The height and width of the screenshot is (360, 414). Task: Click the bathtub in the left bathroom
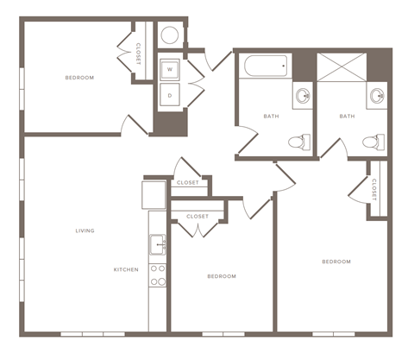[x=266, y=67]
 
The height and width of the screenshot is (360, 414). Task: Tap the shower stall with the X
[x=341, y=68]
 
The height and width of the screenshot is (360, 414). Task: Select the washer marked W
[x=170, y=68]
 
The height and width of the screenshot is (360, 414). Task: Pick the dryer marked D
[x=170, y=95]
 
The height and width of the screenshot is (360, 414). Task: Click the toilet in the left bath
[x=297, y=142]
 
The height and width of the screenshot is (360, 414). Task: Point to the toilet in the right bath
[x=372, y=142]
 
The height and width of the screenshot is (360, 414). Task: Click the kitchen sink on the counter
[x=158, y=244]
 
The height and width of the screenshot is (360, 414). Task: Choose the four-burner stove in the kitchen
[x=158, y=275]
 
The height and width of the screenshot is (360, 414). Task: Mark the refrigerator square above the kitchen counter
[x=154, y=194]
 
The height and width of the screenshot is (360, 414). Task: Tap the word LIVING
[x=85, y=231]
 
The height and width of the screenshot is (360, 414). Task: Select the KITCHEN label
[x=126, y=269]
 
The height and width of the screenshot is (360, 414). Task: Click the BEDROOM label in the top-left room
[x=79, y=78]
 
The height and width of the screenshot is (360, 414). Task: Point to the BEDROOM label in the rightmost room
[x=336, y=261]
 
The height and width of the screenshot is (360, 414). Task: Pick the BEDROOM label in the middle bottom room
[x=222, y=276]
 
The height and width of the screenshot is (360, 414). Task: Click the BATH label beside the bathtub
[x=272, y=117]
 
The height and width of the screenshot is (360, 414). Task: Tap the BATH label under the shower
[x=347, y=117]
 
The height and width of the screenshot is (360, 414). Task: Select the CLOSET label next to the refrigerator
[x=187, y=183]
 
